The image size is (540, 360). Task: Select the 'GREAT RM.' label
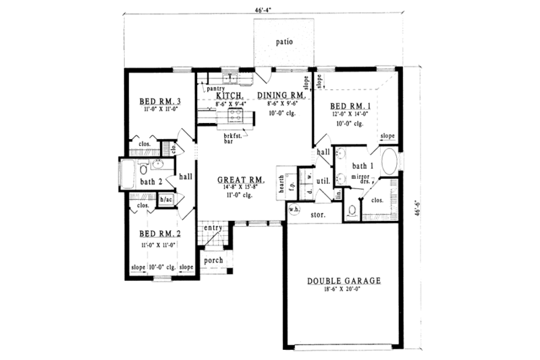(x=241, y=180)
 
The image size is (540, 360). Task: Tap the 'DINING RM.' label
(x=282, y=96)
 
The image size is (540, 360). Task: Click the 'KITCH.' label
(x=230, y=96)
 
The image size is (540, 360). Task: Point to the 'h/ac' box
(x=165, y=199)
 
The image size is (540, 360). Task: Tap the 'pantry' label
(x=215, y=88)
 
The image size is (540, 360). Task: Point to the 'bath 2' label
(x=151, y=181)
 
